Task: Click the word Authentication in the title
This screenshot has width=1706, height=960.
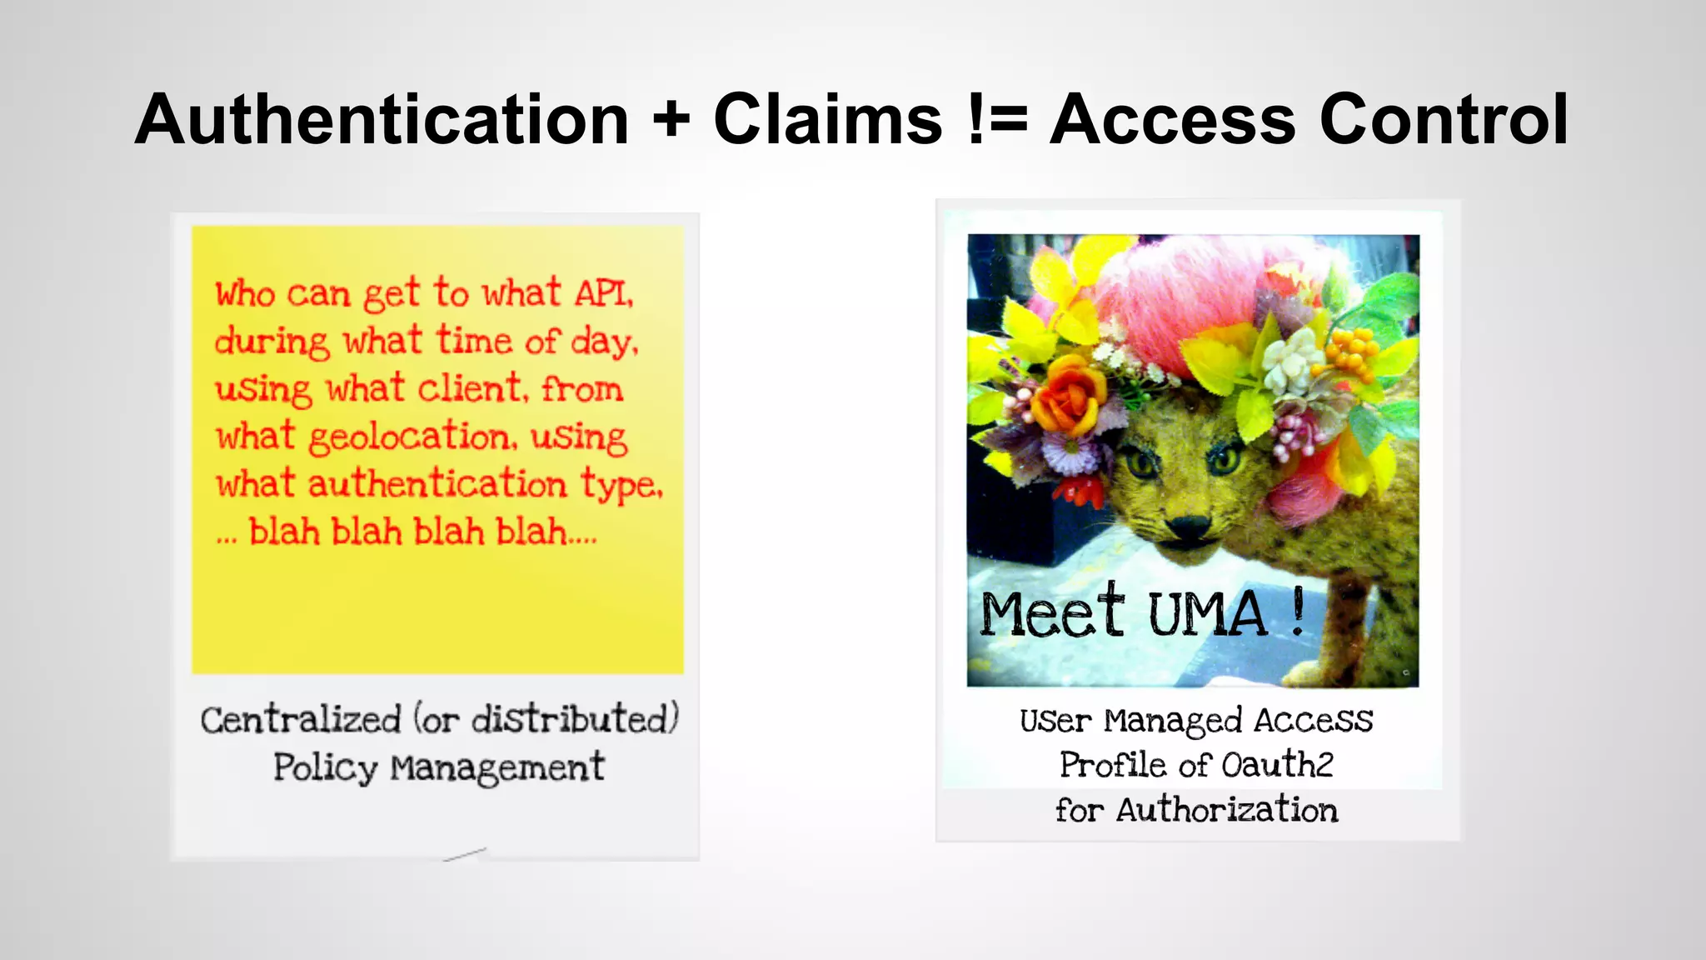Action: pyautogui.click(x=382, y=120)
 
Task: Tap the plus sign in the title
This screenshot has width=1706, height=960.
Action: pyautogui.click(x=671, y=120)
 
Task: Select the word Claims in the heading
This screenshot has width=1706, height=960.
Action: pyautogui.click(x=828, y=120)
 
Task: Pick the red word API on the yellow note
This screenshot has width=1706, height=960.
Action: pyautogui.click(x=603, y=293)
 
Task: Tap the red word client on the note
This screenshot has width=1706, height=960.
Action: pyautogui.click(x=471, y=389)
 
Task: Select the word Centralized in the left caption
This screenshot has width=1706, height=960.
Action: pyautogui.click(x=301, y=720)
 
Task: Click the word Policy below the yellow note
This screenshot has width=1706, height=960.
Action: pyautogui.click(x=325, y=767)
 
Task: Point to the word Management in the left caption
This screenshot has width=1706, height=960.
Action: pyautogui.click(x=497, y=767)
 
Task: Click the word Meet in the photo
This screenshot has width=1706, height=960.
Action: pyautogui.click(x=1052, y=612)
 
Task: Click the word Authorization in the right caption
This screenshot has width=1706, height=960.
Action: pyautogui.click(x=1227, y=810)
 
